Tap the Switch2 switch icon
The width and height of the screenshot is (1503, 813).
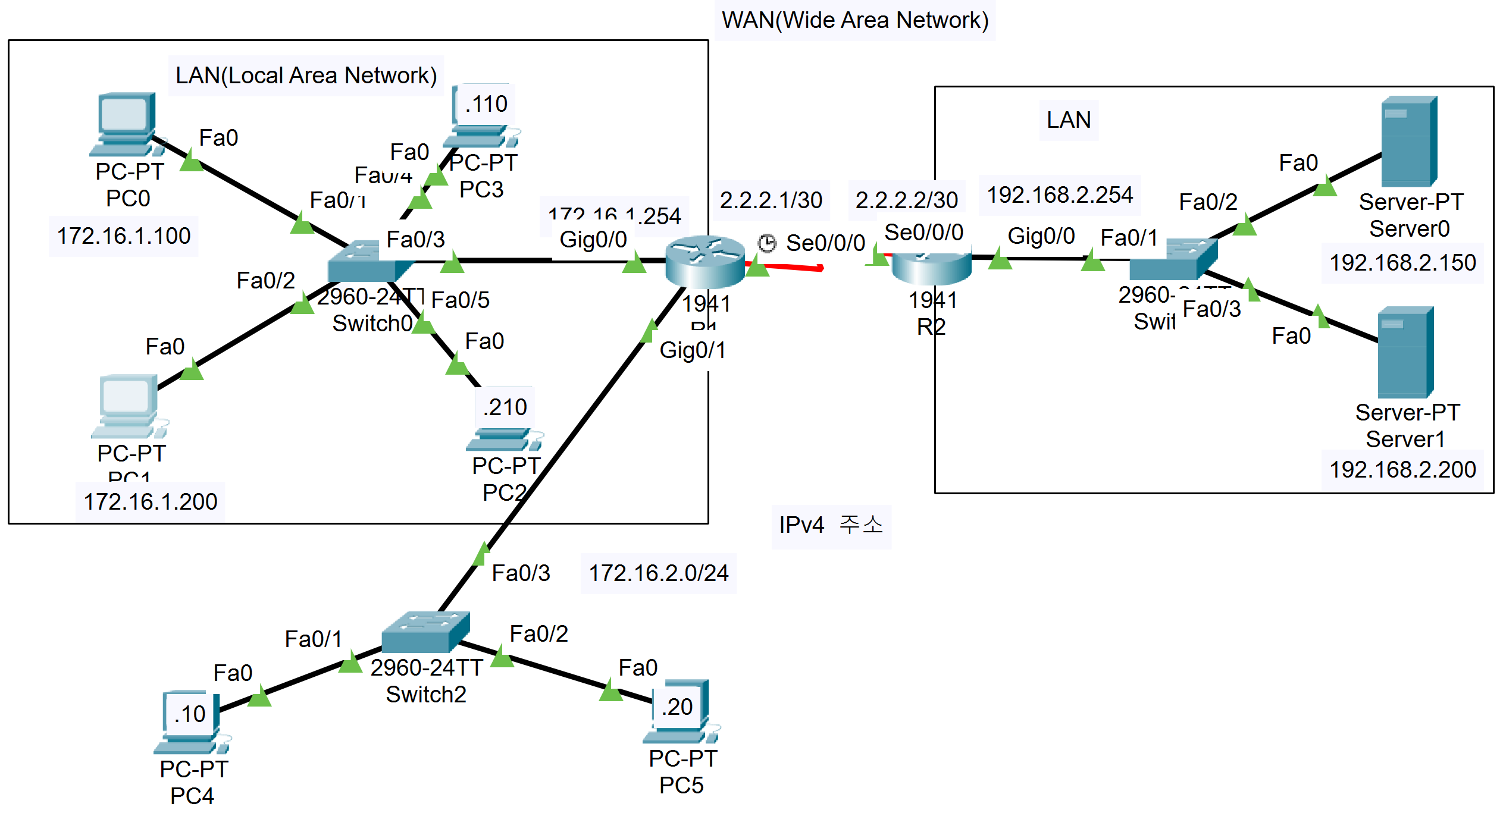[x=425, y=632]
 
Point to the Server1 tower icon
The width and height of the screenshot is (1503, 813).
[x=1405, y=351]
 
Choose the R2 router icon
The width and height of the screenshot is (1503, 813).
[x=931, y=268]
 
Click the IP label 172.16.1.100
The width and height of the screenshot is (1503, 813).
[x=124, y=236]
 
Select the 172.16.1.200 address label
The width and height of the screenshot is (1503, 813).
[x=151, y=501]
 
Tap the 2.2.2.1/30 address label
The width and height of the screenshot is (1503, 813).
[x=771, y=200]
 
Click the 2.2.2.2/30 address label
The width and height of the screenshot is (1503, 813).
[x=907, y=200]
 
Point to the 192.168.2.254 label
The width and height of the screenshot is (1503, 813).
[x=1060, y=195]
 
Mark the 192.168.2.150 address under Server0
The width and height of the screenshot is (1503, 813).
[x=1402, y=263]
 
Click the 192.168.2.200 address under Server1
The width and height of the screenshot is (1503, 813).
[x=1402, y=470]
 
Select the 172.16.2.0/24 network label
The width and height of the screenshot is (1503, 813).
[x=658, y=573]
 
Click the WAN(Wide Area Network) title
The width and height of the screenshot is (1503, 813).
[x=854, y=20]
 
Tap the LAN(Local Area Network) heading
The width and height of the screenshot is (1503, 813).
[x=306, y=76]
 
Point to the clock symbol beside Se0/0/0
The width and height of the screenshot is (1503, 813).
[x=767, y=243]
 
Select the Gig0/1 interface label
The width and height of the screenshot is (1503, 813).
[x=693, y=350]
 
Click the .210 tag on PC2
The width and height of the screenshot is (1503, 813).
[x=505, y=407]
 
